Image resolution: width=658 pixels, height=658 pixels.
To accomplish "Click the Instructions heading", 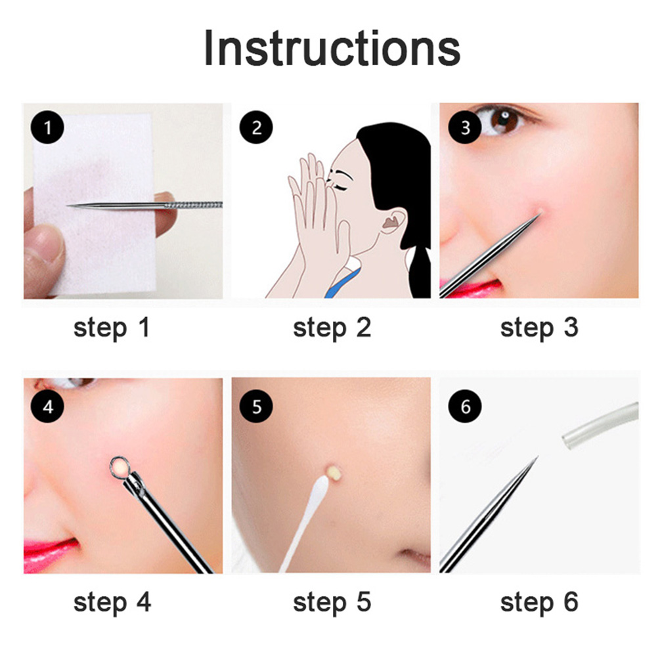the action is tap(332, 48).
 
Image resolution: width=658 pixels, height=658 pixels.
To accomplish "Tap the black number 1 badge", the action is tap(47, 127).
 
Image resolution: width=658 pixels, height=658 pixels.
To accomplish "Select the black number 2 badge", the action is tap(256, 127).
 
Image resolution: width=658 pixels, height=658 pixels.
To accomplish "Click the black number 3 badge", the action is tap(464, 127).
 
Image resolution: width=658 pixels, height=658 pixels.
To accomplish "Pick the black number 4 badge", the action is tap(47, 406).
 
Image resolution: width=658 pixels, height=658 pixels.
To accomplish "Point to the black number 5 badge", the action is tap(256, 406).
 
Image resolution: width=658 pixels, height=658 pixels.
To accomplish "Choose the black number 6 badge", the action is tap(464, 406).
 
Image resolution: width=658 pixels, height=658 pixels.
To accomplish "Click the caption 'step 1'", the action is tap(112, 328).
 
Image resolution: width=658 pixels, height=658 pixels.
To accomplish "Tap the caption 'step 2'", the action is tap(332, 328).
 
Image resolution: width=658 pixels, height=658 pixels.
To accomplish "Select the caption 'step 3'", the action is tap(539, 328).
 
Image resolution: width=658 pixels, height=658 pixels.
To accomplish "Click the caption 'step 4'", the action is tap(112, 603).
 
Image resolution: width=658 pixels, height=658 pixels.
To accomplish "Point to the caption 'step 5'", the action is tap(332, 603).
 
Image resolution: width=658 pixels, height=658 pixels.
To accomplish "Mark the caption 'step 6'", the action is tap(539, 603).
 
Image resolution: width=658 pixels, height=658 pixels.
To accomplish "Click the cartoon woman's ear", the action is tap(393, 221).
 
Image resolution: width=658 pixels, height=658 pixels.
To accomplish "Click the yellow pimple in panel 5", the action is tap(334, 472).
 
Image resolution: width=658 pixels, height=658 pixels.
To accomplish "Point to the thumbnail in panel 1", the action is tap(43, 246).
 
